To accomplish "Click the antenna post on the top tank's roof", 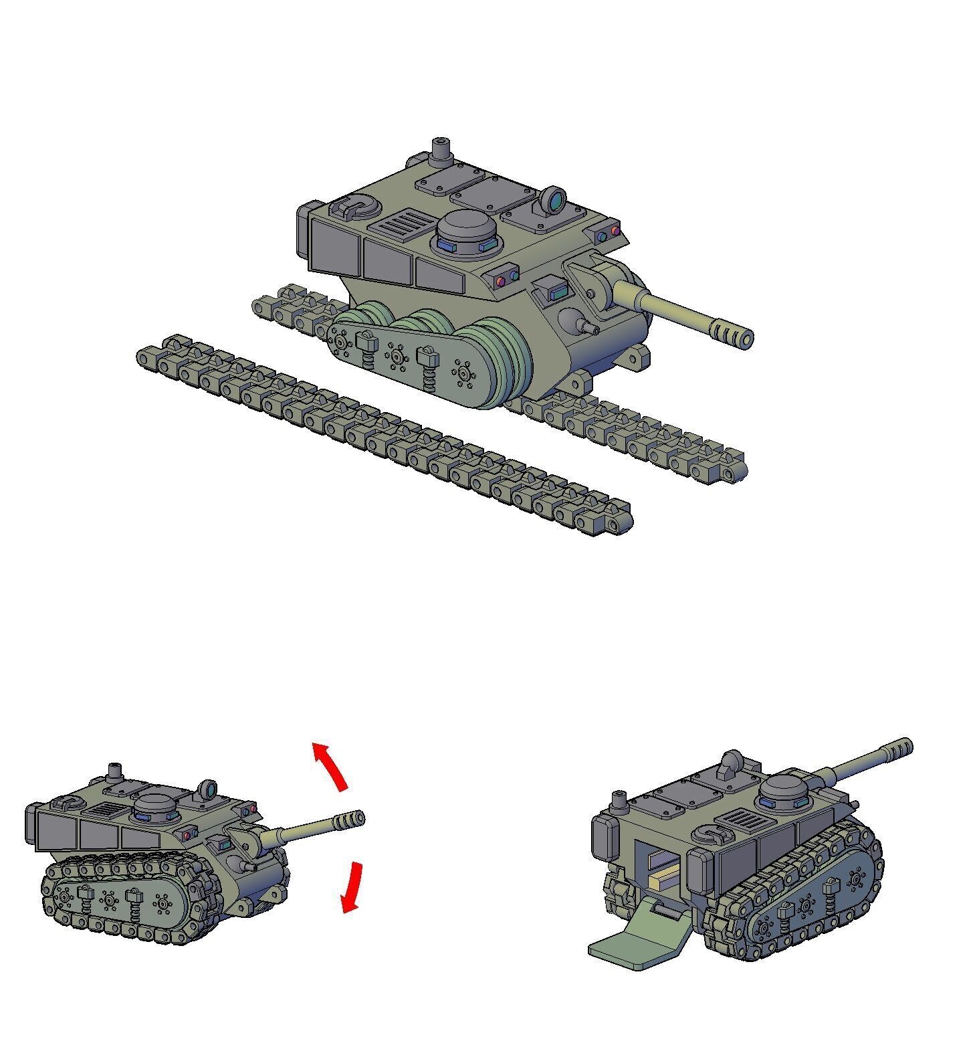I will coord(441,152).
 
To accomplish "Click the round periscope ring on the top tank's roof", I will coord(554,199).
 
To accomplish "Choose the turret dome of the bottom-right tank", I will coord(786,791).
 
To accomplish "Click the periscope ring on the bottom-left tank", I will coord(208,790).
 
